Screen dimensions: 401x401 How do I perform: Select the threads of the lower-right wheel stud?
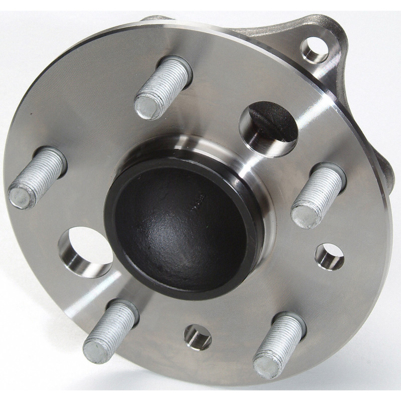284,336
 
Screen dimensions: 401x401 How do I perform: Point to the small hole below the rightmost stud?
330,256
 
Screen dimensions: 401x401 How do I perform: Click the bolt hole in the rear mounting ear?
314,49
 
